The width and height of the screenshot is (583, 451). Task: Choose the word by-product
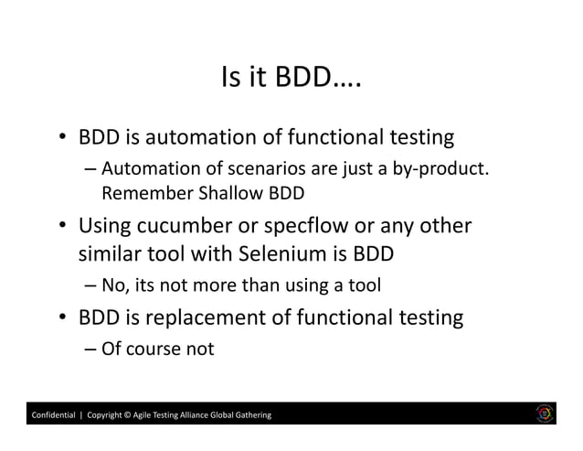pyautogui.click(x=443, y=169)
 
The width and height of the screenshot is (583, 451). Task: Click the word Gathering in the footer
pyautogui.click(x=249, y=417)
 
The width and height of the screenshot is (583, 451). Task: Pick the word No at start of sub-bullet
pyautogui.click(x=114, y=287)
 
